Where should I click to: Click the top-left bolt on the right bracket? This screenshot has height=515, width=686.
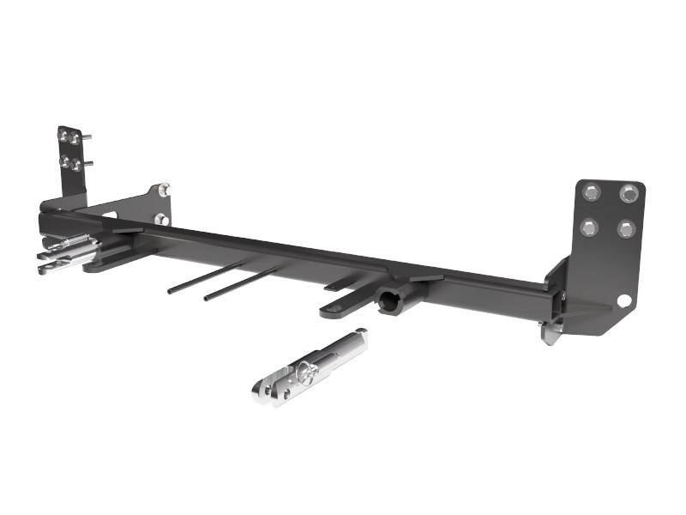(592, 194)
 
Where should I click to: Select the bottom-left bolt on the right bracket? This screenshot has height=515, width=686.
(590, 227)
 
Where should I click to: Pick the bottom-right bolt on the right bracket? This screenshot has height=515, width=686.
(627, 228)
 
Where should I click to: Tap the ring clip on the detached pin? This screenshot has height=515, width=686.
(306, 371)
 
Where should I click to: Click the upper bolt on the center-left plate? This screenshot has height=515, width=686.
(164, 191)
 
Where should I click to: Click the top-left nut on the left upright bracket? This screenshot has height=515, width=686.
(63, 135)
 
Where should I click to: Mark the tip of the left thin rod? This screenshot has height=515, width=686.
(171, 291)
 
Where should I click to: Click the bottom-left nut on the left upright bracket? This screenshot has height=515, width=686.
(64, 161)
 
